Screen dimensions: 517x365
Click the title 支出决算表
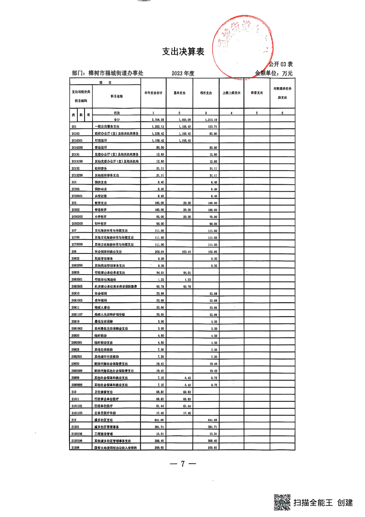click(x=183, y=52)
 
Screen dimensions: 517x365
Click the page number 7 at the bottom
click(x=182, y=464)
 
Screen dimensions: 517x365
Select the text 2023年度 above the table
click(x=183, y=73)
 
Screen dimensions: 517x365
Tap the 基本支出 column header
click(x=179, y=93)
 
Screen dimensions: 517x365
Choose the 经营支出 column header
click(x=257, y=93)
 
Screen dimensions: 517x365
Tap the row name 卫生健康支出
click(x=104, y=392)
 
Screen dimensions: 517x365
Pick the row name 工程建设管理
click(x=103, y=434)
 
